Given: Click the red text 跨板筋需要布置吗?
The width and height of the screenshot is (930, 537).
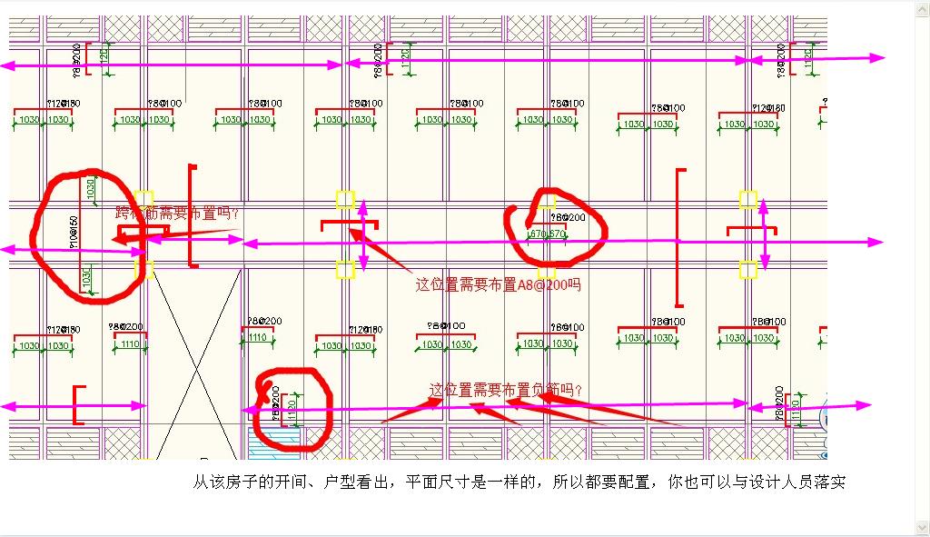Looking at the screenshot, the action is click(x=178, y=214).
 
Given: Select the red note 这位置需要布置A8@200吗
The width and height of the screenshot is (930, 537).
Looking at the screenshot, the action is click(x=498, y=284).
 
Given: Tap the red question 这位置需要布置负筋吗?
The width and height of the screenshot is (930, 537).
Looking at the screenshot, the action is click(x=506, y=390).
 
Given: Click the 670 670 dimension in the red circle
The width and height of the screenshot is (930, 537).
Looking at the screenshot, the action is click(x=548, y=234).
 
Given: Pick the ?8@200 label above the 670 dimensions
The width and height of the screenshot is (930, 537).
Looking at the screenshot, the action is click(x=568, y=218).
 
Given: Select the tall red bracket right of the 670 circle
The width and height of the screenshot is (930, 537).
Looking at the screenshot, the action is click(x=679, y=238).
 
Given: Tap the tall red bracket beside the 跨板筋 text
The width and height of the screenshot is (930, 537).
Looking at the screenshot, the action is click(x=192, y=216).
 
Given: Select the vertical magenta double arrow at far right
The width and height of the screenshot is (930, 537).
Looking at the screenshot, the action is click(x=764, y=234).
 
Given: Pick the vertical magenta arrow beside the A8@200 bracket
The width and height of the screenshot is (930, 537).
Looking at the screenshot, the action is click(x=363, y=234).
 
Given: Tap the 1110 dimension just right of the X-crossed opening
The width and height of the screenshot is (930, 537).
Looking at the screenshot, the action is click(x=257, y=338).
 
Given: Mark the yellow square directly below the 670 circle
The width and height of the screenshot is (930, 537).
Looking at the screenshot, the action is click(x=546, y=270).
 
